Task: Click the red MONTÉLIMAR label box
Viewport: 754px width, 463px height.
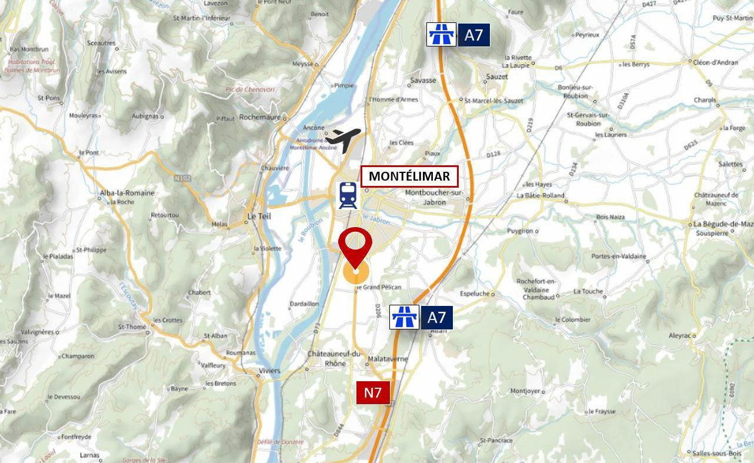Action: click(409, 176)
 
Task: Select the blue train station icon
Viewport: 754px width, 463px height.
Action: click(348, 195)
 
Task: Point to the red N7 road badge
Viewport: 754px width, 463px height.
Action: click(373, 393)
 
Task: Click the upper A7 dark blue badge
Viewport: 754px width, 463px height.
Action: click(473, 35)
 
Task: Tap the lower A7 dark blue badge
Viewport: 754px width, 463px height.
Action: click(436, 318)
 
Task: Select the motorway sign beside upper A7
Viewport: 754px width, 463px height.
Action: click(441, 35)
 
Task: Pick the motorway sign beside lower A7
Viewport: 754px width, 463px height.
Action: click(405, 318)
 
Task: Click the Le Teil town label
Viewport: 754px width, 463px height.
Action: click(259, 216)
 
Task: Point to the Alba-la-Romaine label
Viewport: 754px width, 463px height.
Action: click(128, 193)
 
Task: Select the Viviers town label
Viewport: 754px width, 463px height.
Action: click(270, 371)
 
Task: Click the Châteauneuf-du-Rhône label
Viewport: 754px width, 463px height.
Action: click(334, 358)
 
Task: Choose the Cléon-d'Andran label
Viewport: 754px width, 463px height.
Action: click(716, 62)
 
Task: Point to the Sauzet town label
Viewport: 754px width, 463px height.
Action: click(497, 77)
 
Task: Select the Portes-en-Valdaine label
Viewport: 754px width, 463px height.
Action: click(619, 257)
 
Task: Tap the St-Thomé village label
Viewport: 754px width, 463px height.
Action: click(132, 327)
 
